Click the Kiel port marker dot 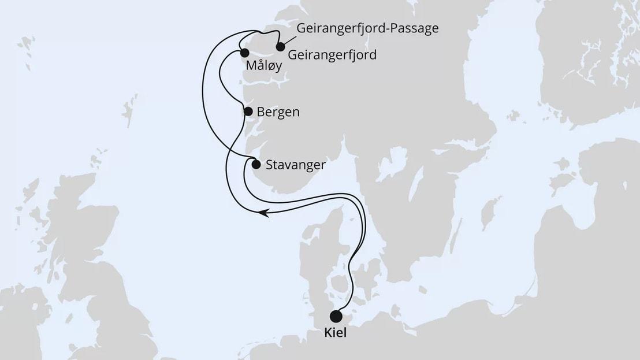(336, 316)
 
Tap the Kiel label (336, 334)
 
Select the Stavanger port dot (255, 165)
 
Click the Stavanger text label (296, 165)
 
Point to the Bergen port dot (248, 112)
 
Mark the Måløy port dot (244, 53)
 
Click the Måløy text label (264, 66)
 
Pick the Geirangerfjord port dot (281, 47)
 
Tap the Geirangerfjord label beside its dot (332, 55)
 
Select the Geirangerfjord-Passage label (367, 29)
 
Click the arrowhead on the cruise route (263, 213)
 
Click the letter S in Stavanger (270, 165)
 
